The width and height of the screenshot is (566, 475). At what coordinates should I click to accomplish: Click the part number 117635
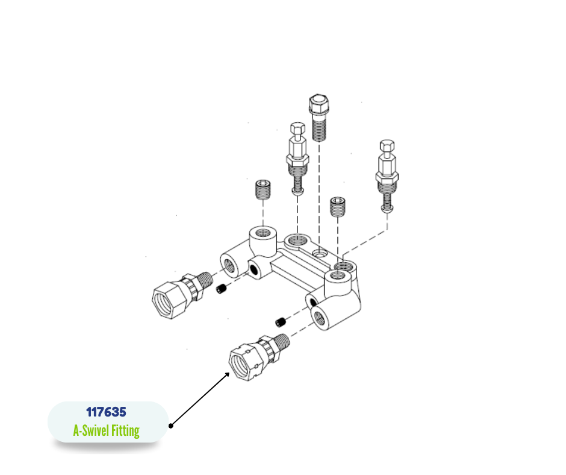(106, 412)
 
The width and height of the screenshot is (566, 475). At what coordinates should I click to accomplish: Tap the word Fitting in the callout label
(125, 431)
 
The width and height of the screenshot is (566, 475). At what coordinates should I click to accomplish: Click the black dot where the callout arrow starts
(171, 426)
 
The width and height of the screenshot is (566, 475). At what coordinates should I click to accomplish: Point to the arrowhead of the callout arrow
(227, 375)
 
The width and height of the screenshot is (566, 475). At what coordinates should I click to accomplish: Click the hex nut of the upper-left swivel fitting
(169, 299)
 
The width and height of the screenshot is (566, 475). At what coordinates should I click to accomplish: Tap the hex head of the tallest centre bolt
(319, 104)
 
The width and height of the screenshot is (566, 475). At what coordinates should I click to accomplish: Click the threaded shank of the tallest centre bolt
(319, 127)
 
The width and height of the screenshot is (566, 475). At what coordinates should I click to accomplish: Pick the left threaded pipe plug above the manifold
(263, 189)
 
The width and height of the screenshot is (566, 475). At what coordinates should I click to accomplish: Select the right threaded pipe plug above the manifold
(338, 206)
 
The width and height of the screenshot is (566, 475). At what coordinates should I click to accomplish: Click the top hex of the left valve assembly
(297, 128)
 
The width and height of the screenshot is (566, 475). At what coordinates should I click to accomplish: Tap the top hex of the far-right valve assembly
(387, 146)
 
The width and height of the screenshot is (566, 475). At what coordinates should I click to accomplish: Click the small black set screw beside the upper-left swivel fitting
(222, 289)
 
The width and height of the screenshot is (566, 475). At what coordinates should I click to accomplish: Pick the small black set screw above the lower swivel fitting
(281, 322)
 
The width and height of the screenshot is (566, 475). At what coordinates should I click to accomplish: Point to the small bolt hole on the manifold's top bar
(319, 253)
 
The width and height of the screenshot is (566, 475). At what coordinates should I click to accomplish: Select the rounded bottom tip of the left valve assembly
(297, 191)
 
